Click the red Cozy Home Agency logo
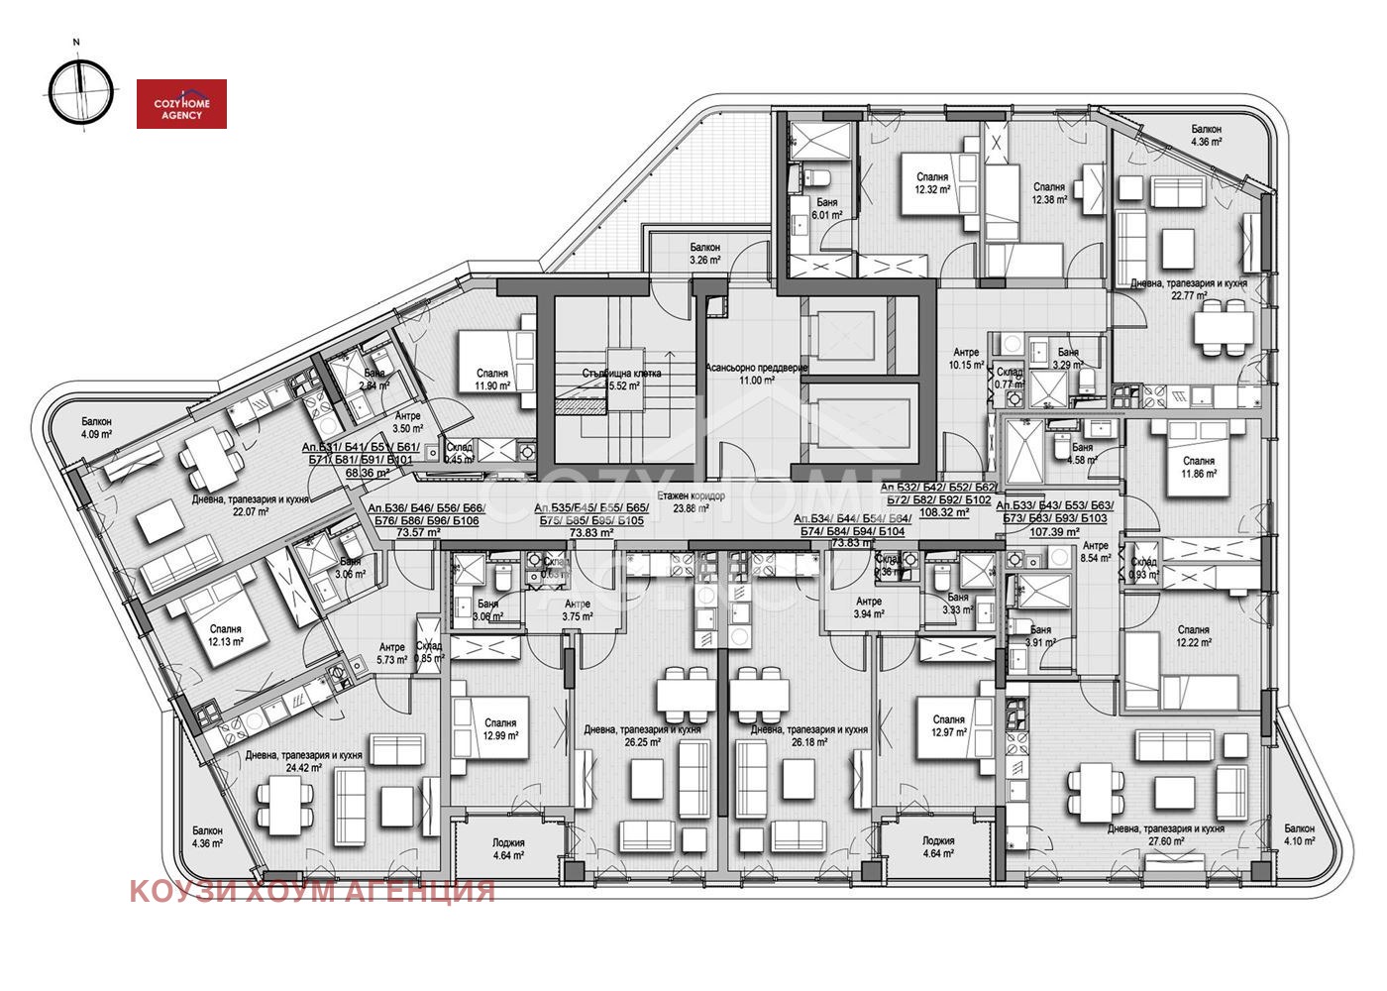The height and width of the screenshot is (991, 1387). point(181,104)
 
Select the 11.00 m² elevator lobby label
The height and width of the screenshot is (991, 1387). point(756,374)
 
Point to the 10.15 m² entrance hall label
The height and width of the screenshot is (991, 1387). point(966,358)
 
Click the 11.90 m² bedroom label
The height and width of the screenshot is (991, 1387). point(491,381)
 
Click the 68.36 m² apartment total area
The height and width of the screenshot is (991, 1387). point(367,473)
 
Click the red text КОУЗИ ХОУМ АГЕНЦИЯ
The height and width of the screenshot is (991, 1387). point(312,891)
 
